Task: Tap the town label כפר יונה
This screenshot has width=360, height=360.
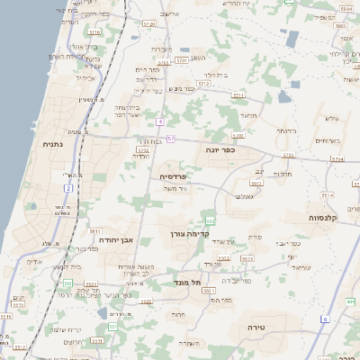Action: coord(220,149)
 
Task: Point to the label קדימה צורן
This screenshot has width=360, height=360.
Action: coord(189,233)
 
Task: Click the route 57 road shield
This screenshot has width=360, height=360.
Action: coord(170,138)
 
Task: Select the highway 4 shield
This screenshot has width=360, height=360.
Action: coord(159,120)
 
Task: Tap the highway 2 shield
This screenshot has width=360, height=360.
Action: coord(69,188)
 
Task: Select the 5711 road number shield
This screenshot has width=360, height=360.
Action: coord(238,94)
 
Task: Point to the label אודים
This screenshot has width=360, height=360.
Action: coord(35,262)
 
